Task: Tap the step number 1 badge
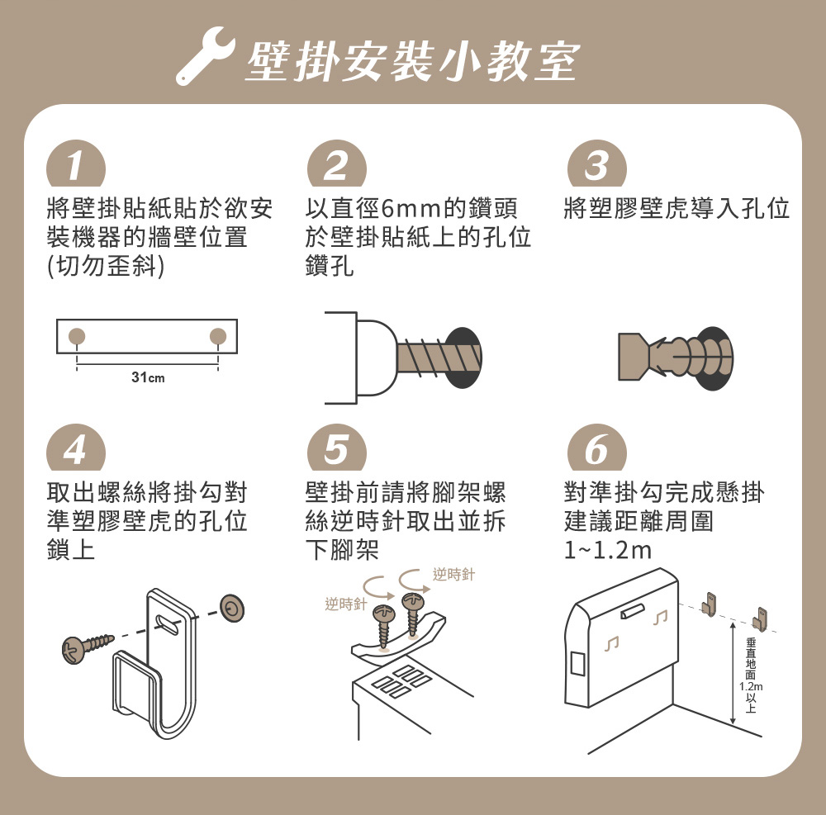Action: point(76,164)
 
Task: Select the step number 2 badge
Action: point(337,164)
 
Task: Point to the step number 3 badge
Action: point(597,164)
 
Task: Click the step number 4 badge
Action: point(76,448)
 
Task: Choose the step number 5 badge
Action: point(337,448)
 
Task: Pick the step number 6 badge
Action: point(597,448)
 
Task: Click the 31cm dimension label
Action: point(148,377)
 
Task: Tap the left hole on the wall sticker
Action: point(76,335)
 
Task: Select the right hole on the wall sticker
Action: point(217,335)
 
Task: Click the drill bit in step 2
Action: point(439,358)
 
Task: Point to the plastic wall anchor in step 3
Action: point(675,357)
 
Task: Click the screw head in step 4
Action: point(74,650)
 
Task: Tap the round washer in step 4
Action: point(232,609)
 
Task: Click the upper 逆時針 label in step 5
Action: point(453,574)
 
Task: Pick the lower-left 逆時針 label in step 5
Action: point(345,604)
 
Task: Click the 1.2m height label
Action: point(751,686)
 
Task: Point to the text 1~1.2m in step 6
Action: point(607,550)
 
